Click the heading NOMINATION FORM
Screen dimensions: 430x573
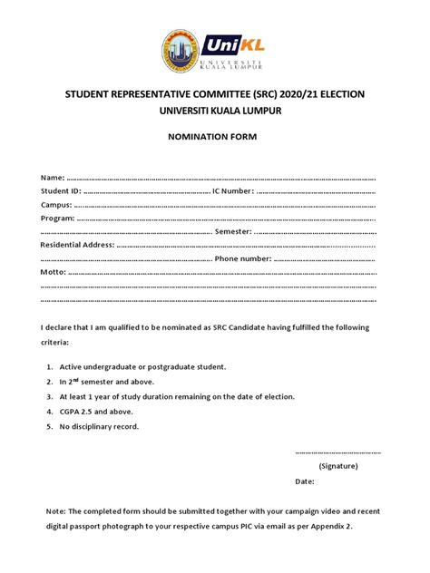click(214, 137)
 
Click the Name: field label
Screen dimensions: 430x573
click(53, 177)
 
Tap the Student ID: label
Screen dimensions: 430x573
click(61, 190)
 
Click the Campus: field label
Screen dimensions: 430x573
click(58, 205)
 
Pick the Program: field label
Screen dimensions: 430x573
click(59, 219)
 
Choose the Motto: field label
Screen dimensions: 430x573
click(54, 272)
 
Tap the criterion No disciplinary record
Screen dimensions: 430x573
click(99, 426)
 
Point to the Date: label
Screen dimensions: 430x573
click(305, 481)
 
